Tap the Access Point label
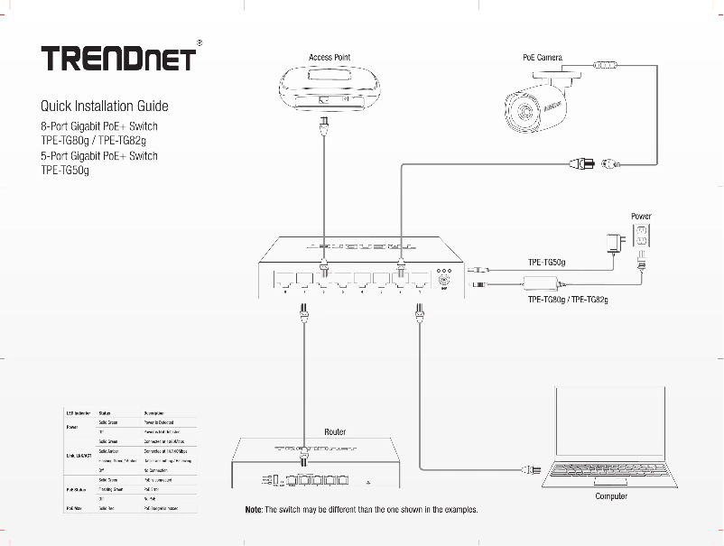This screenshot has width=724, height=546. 330,57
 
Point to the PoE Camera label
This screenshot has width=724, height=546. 543,57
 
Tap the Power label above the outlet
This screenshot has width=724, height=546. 641,217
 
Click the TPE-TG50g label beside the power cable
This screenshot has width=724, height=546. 546,263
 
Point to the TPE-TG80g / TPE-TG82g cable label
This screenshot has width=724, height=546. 568,299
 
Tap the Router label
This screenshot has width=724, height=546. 335,431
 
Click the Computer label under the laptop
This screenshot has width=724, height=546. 611,496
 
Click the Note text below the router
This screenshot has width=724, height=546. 361,510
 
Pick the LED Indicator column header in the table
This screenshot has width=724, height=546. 76,412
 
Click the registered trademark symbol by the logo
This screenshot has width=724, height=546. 199,42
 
